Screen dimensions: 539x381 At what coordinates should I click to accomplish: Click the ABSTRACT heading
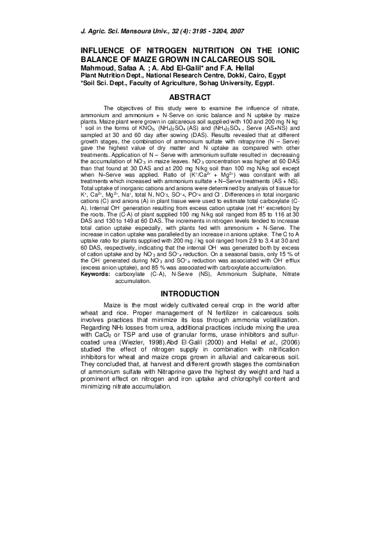coord(190,97)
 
